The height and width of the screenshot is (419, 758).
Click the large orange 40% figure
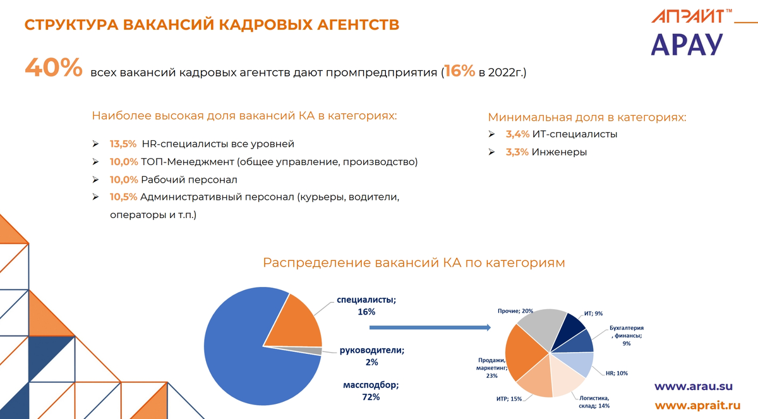pyautogui.click(x=53, y=68)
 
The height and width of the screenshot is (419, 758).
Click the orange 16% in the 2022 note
pyautogui.click(x=459, y=71)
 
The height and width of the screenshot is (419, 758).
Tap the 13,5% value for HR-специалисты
pyautogui.click(x=123, y=144)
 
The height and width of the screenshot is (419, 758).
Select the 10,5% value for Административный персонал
pyautogui.click(x=123, y=197)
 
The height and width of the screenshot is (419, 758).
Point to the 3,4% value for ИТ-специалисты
pyautogui.click(x=517, y=135)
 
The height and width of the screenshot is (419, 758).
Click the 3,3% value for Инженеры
pyautogui.click(x=517, y=152)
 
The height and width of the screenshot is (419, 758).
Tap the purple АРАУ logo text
pyautogui.click(x=686, y=44)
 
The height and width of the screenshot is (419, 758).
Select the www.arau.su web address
pyautogui.click(x=693, y=386)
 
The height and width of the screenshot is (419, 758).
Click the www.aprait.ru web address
pyautogui.click(x=697, y=406)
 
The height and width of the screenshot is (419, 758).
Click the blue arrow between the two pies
pyautogui.click(x=430, y=327)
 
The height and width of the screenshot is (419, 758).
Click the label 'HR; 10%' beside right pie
pyautogui.click(x=617, y=373)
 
